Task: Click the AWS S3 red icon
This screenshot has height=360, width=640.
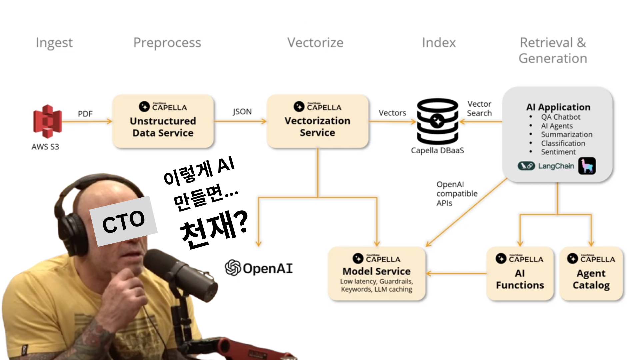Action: click(x=47, y=121)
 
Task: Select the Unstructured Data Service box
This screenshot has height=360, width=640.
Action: click(x=163, y=121)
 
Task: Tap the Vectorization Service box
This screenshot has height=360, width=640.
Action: click(x=317, y=121)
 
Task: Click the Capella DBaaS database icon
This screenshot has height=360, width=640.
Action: click(x=437, y=121)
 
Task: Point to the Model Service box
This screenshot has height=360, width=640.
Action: click(x=377, y=274)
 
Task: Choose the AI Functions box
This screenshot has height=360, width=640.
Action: click(x=520, y=274)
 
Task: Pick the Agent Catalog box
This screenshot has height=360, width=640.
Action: click(x=591, y=274)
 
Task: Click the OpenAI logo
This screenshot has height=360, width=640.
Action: click(x=259, y=268)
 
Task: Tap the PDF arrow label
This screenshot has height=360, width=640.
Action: click(x=85, y=114)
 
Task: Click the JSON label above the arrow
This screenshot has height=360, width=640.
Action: click(x=242, y=112)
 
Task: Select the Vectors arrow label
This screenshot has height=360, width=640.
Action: click(x=392, y=113)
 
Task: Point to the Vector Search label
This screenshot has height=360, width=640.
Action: click(x=479, y=109)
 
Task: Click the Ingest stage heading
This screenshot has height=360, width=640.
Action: click(x=54, y=43)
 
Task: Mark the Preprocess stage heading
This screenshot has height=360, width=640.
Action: click(x=167, y=43)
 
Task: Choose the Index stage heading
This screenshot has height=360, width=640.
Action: click(x=439, y=43)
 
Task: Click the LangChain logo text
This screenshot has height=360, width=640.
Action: click(x=556, y=166)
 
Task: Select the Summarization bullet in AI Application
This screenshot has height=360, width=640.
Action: click(x=566, y=135)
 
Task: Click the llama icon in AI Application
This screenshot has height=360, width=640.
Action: click(x=587, y=166)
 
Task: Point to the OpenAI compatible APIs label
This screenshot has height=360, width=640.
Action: click(x=457, y=194)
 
